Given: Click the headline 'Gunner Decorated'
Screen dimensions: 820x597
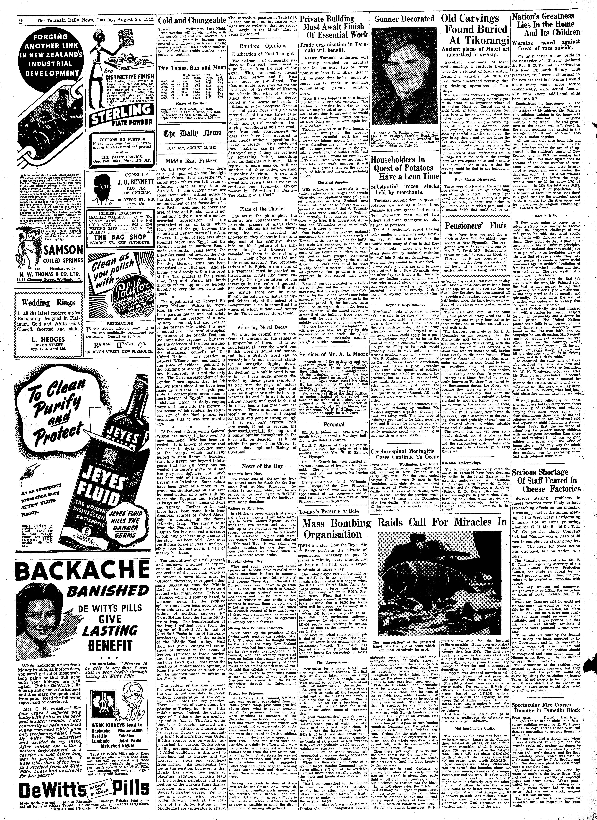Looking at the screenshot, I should click(404, 19).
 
